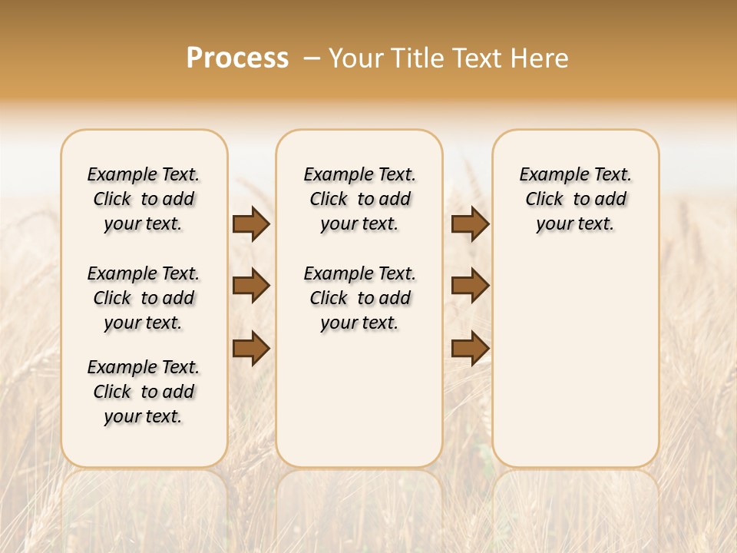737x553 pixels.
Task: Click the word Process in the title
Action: click(x=237, y=58)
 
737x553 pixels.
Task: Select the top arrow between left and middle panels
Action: click(x=251, y=224)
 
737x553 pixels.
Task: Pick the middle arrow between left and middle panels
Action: click(x=251, y=286)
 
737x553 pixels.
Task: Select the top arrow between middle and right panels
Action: click(x=470, y=224)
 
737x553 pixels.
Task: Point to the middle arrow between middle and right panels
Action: click(x=470, y=286)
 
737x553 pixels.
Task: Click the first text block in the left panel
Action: click(x=144, y=199)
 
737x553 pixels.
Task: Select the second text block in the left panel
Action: click(x=144, y=298)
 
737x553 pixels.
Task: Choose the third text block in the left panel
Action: click(x=144, y=392)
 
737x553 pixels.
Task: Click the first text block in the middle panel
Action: click(x=359, y=199)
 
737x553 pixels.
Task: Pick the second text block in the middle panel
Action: click(x=359, y=298)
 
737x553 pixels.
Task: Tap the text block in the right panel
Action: click(x=575, y=199)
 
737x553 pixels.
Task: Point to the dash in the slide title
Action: click(x=312, y=58)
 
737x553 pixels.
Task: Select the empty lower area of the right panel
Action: click(x=575, y=361)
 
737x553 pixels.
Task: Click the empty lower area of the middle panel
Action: click(x=359, y=399)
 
